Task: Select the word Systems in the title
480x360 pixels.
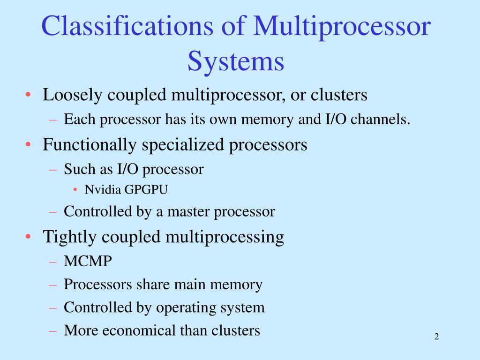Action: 236,61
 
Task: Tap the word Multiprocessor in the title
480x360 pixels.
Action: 342,27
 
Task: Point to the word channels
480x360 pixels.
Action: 381,120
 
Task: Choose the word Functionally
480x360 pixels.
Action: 90,145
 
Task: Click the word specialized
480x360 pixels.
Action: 184,145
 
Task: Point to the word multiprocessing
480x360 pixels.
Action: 226,237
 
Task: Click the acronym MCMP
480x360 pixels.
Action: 88,262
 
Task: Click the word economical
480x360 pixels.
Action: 139,331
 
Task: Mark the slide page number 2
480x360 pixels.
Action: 436,337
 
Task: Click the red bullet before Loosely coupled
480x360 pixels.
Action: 29,96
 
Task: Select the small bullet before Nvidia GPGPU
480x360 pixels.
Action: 75,190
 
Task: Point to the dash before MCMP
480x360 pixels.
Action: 53,262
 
